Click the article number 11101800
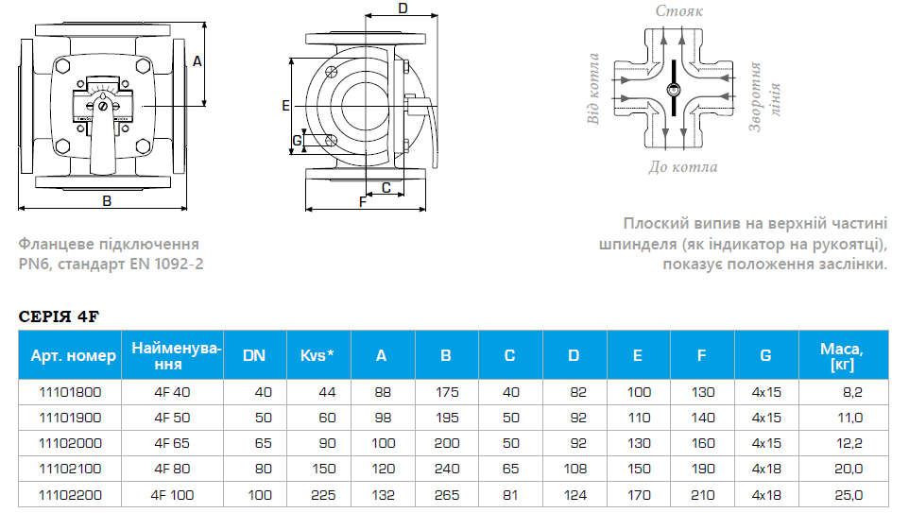point(70,392)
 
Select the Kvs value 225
point(323,495)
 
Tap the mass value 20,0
point(849,469)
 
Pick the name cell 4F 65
point(172,443)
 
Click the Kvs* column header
point(317,355)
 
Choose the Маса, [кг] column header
point(842,356)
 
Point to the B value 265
point(446,495)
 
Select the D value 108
point(575,469)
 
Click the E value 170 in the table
point(639,495)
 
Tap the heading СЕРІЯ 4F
point(59,316)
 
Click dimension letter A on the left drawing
point(197,61)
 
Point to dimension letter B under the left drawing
point(107,201)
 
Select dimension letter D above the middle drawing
point(403,9)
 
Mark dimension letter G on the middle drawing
point(297,141)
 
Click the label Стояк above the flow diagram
point(678,11)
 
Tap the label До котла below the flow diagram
point(683,167)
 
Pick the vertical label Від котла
point(592,89)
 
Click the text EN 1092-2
point(166,265)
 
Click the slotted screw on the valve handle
point(103,106)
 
